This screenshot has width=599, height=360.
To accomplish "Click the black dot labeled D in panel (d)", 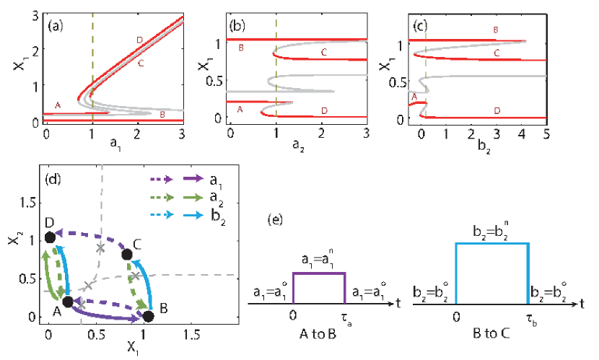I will (x=49, y=237).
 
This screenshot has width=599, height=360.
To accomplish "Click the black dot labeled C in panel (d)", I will (x=127, y=254).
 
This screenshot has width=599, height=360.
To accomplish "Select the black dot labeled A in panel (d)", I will (x=68, y=302).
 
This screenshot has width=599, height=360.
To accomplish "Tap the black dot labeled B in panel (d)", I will (x=149, y=316).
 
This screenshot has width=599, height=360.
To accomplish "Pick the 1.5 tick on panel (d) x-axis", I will (x=191, y=334).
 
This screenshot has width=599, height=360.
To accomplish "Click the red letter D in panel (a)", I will (x=139, y=39).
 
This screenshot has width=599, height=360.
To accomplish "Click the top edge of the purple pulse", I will (x=319, y=273).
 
